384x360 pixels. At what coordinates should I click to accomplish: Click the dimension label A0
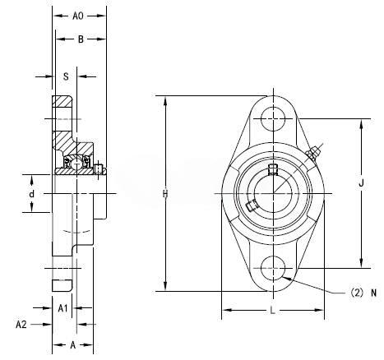click(x=77, y=16)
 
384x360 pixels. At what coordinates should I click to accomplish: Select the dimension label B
click(x=81, y=39)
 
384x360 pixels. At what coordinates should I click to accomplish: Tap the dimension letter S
click(x=66, y=76)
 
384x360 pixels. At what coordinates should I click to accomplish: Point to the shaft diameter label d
click(x=32, y=194)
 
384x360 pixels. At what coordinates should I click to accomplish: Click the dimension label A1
click(x=62, y=308)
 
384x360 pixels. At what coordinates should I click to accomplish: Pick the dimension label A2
click(x=21, y=325)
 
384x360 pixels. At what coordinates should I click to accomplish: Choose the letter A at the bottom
click(x=72, y=345)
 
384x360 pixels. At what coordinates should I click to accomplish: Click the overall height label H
click(x=165, y=194)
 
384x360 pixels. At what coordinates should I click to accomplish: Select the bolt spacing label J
click(x=361, y=182)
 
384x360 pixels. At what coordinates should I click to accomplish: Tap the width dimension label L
click(x=272, y=311)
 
